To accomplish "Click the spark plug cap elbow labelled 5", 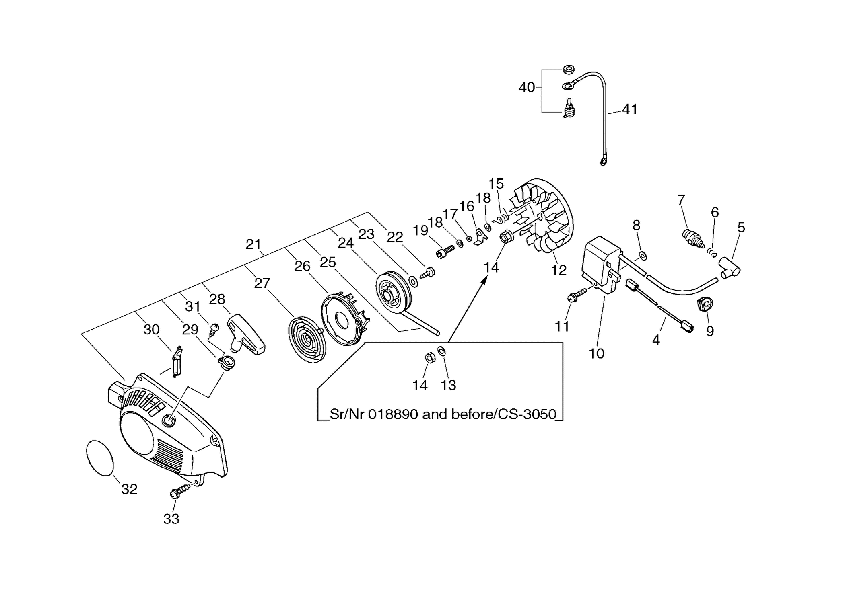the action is tap(730, 268).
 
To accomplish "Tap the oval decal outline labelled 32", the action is tap(100, 458).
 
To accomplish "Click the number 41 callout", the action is tap(630, 109).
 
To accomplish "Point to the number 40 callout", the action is tap(527, 87).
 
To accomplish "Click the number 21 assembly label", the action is tap(253, 244).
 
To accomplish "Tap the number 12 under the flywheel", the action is tap(558, 270).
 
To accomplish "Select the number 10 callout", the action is tap(596, 353).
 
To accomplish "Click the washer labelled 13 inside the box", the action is tap(441, 351).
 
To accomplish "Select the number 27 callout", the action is tap(262, 283).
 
